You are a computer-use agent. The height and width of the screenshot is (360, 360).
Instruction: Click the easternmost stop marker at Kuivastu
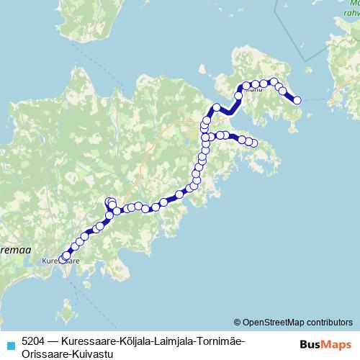click(x=297, y=100)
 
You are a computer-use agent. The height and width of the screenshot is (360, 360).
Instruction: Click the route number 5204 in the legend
click(x=34, y=341)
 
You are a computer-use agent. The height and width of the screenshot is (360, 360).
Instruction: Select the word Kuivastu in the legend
click(x=91, y=353)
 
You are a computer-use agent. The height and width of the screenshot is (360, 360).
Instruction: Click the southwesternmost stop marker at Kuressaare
click(x=63, y=259)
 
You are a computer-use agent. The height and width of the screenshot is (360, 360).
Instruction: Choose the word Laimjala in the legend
click(x=171, y=341)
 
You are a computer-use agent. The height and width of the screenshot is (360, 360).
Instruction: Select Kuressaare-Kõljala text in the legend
click(x=104, y=341)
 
